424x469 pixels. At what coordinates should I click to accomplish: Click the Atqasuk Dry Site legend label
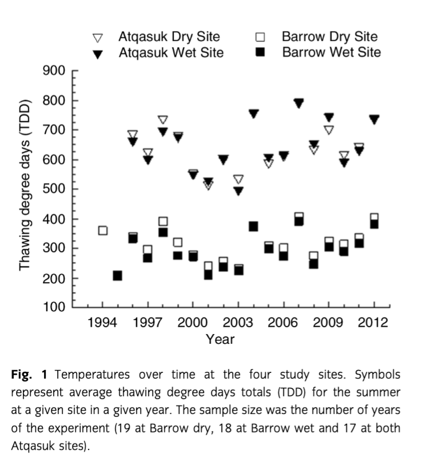pyautogui.click(x=169, y=37)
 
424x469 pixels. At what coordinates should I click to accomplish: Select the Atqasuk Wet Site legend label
pyautogui.click(x=170, y=53)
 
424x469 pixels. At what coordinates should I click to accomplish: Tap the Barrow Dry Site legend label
pyautogui.click(x=329, y=37)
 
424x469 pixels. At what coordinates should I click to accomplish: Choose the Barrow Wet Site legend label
pyautogui.click(x=331, y=53)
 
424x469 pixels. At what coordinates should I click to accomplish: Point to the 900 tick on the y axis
pyautogui.click(x=55, y=71)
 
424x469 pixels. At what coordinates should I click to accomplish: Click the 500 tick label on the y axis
pyautogui.click(x=55, y=189)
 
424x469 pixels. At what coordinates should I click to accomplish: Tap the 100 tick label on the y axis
pyautogui.click(x=55, y=307)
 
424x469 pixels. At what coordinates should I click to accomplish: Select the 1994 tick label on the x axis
pyautogui.click(x=103, y=323)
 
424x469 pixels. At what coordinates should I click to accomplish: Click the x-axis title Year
pyautogui.click(x=220, y=339)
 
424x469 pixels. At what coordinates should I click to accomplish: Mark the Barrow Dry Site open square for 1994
pyautogui.click(x=103, y=230)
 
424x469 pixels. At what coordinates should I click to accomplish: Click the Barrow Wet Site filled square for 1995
pyautogui.click(x=118, y=276)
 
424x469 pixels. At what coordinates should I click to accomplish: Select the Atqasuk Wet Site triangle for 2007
pyautogui.click(x=298, y=104)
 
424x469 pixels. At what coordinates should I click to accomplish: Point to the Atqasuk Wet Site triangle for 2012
pyautogui.click(x=374, y=120)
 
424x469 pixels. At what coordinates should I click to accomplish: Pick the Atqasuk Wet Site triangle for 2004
pyautogui.click(x=253, y=114)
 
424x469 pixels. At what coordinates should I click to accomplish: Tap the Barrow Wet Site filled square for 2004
pyautogui.click(x=253, y=226)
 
